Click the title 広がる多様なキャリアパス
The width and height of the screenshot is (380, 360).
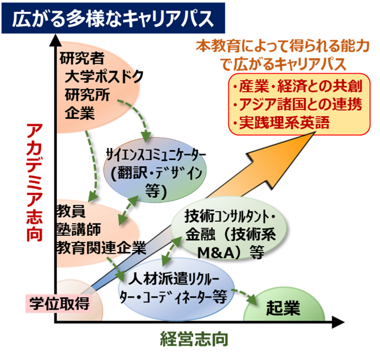point(113,19)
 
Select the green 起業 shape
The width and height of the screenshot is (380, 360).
point(283,308)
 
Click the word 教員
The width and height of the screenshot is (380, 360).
point(72,210)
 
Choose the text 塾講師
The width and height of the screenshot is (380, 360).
point(79,228)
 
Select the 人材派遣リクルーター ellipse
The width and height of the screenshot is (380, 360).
point(176,287)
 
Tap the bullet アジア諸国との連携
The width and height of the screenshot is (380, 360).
point(299,104)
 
